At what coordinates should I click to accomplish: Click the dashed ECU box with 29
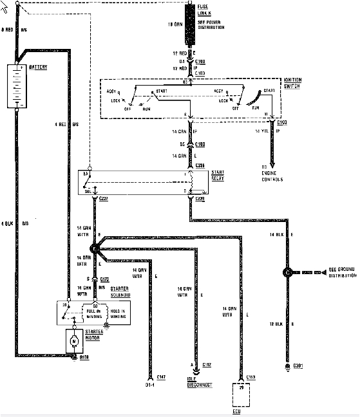[x=241, y=396]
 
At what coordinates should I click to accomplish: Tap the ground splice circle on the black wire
[x=287, y=272]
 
